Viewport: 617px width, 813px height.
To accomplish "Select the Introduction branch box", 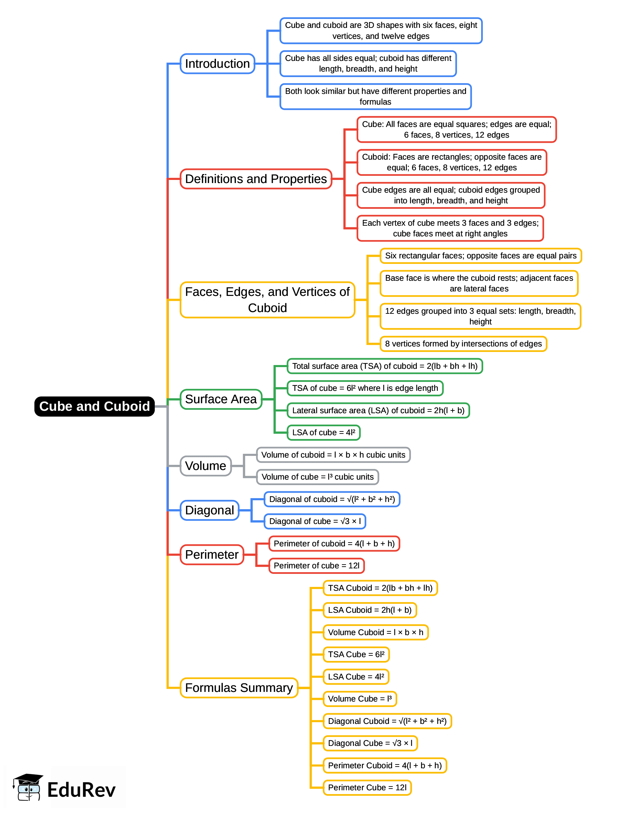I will tap(217, 64).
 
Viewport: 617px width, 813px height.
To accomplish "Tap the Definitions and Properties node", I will tap(256, 179).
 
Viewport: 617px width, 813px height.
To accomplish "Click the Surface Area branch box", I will tap(221, 399).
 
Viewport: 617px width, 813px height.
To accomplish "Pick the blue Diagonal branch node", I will tap(209, 510).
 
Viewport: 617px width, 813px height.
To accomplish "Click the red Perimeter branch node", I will tap(212, 554).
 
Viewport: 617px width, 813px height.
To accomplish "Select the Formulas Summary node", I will tap(239, 687).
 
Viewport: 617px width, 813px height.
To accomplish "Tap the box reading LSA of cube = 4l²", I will tap(323, 432).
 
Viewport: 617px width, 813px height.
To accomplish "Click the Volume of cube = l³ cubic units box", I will tap(317, 477).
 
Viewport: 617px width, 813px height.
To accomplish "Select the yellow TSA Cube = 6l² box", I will tap(356, 654).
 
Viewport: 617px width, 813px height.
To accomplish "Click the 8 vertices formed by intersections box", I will tap(463, 344).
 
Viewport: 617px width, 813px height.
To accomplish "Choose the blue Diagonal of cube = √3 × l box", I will tap(315, 521).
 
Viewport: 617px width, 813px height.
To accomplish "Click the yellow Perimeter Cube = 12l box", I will tap(367, 787).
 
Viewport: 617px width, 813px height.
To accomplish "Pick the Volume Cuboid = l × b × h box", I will tap(375, 632).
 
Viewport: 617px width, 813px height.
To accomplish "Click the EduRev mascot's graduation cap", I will tap(29, 779).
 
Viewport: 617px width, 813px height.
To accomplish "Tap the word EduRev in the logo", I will tap(82, 790).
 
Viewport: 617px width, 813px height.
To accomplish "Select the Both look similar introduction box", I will tap(375, 96).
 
